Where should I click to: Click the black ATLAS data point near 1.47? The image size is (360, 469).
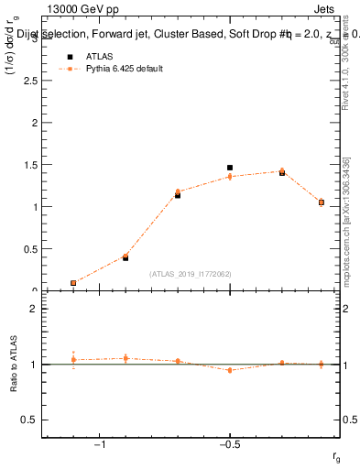pyautogui.click(x=230, y=168)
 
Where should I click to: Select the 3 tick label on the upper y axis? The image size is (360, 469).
pyautogui.click(x=35, y=38)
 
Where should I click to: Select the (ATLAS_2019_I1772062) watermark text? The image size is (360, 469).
pyautogui.click(x=191, y=274)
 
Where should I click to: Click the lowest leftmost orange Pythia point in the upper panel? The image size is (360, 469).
pyautogui.click(x=73, y=283)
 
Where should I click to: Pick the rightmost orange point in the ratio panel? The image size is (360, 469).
pyautogui.click(x=322, y=364)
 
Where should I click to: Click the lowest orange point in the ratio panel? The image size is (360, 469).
pyautogui.click(x=230, y=370)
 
